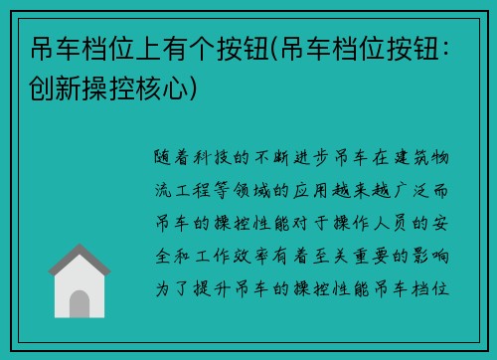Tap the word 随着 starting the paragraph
168,158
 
